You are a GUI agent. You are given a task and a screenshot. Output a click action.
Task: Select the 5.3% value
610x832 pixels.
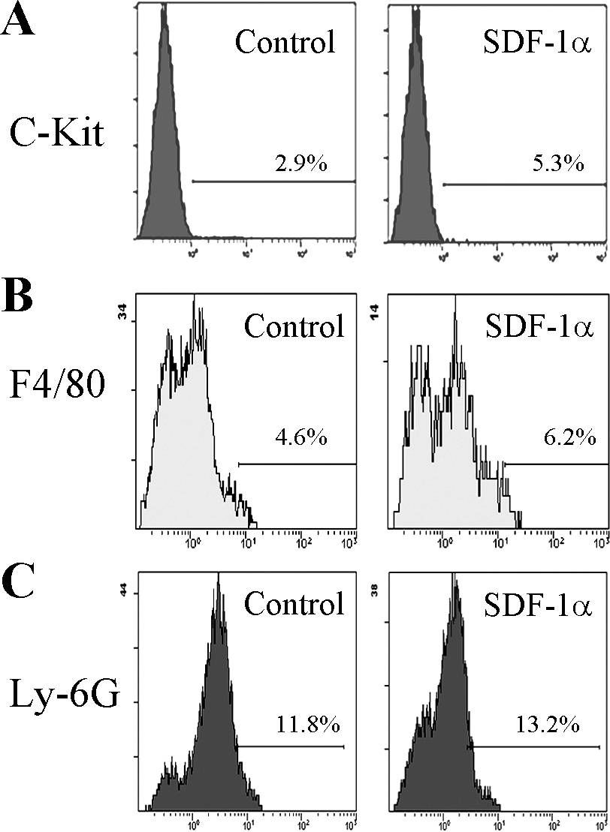[558, 164]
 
